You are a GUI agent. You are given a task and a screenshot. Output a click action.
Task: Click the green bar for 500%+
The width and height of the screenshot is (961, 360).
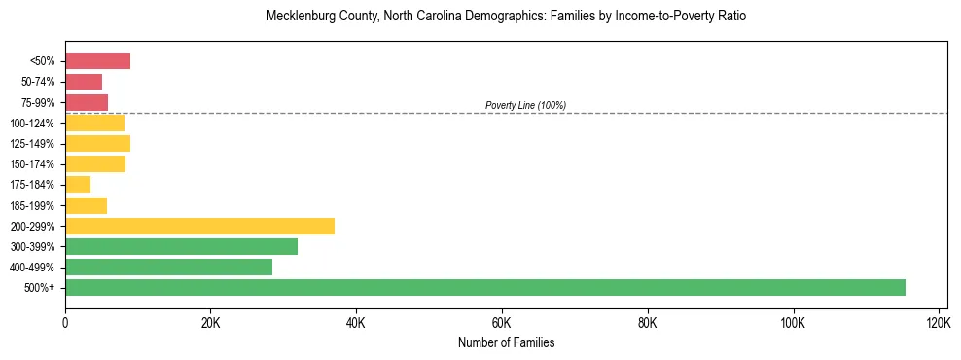[x=484, y=287]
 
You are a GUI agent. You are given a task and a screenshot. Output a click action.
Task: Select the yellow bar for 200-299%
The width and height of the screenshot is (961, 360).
[x=199, y=226]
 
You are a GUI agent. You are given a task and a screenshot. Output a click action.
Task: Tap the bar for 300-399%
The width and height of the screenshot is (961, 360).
[x=181, y=246]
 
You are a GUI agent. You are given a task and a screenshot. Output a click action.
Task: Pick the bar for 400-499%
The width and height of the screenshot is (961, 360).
[x=168, y=267]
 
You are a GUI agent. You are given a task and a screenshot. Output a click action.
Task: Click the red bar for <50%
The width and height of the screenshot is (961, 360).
[x=97, y=61]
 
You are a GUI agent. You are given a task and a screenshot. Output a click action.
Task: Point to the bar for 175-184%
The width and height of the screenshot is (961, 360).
[x=78, y=184]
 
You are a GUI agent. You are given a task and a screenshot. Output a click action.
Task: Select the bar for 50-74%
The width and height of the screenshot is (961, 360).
[x=84, y=82]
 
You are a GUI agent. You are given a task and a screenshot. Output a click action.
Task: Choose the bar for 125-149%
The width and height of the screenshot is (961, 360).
[x=97, y=143]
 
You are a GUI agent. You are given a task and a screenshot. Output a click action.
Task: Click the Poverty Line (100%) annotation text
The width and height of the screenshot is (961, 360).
[x=525, y=105]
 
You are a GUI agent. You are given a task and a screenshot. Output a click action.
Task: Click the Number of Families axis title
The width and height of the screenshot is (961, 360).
[x=506, y=342]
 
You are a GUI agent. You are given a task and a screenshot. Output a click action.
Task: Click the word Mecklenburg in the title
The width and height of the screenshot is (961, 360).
[x=302, y=17]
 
